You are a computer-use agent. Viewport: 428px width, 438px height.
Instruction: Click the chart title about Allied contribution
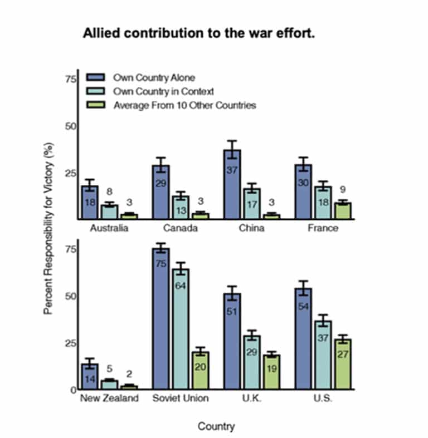(198, 33)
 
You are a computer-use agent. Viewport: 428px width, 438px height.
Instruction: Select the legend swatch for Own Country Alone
(96, 77)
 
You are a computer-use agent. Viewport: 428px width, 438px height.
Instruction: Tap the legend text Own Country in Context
(163, 91)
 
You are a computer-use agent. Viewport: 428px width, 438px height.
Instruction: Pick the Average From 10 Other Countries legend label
(184, 105)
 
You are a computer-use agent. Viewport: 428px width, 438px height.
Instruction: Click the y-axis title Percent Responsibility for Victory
(48, 229)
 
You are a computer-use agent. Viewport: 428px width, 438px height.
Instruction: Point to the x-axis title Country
(216, 426)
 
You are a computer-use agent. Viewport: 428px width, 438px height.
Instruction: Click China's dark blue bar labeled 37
(232, 184)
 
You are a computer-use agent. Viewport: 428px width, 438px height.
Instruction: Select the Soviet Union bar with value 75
(161, 318)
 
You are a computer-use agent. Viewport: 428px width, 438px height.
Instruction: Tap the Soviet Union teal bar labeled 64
(181, 329)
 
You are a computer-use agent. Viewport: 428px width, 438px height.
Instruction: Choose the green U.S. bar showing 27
(343, 364)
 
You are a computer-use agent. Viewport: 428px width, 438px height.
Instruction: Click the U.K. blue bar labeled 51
(232, 341)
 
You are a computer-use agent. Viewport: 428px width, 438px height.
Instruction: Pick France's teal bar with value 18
(323, 203)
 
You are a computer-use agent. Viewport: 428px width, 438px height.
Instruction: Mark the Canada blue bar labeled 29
(161, 192)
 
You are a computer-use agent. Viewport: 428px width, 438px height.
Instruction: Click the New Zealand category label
(109, 398)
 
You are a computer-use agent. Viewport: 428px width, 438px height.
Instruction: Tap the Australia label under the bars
(109, 228)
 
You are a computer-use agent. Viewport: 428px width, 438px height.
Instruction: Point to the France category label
(323, 228)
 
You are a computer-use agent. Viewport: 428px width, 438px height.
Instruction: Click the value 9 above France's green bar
(343, 190)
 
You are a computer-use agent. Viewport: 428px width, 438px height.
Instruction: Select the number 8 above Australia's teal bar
(109, 191)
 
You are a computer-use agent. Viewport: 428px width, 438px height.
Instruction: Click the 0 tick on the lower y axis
(74, 390)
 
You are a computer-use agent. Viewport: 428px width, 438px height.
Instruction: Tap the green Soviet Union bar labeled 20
(200, 371)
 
